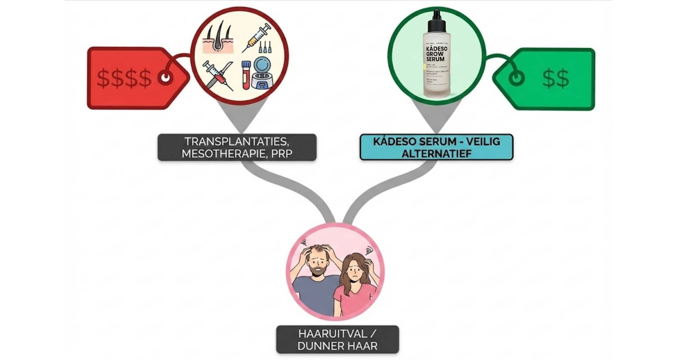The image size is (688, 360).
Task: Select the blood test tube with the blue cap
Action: click(246, 75)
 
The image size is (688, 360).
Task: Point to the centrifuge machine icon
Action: click(262, 73)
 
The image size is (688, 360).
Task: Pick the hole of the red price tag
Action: click(165, 78)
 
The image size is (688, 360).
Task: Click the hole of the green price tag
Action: click(516, 79)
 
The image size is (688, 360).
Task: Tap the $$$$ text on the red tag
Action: click(124, 78)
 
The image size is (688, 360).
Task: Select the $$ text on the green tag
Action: click(556, 79)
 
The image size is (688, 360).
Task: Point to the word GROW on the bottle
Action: click(435, 54)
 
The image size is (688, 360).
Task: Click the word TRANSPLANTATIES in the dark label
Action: click(237, 141)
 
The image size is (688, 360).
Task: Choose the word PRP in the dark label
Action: click(282, 153)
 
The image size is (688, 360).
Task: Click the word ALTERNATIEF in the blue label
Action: click(436, 154)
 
